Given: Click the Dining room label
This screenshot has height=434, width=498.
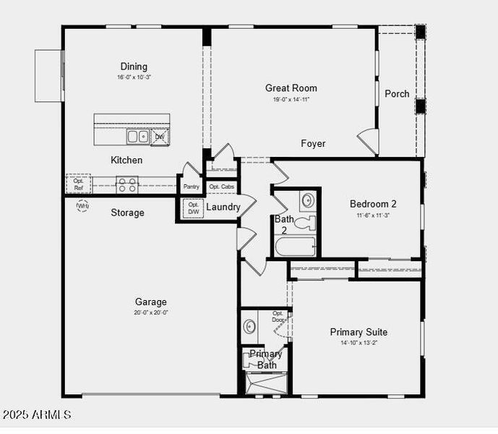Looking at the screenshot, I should coord(134,67).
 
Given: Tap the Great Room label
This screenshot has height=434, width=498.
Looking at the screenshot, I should coord(291,88).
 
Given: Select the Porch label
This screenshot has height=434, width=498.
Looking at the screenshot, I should coord(397,93).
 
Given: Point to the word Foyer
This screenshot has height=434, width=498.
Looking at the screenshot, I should coord(313,143).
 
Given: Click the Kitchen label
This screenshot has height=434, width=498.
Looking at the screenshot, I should coord(126,160).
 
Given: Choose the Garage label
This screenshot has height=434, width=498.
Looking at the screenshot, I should coord(150,302).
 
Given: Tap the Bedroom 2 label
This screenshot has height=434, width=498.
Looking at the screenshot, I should coord(373,203).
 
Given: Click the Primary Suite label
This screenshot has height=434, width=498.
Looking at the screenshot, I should coord(359,332).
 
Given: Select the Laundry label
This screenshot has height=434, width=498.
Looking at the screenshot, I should coord(223,207).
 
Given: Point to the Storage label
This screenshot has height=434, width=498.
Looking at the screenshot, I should coord(127,213).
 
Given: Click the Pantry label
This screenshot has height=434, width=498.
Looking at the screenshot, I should coord(191,187).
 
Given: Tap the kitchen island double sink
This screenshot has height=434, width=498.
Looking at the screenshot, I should coord(137,136).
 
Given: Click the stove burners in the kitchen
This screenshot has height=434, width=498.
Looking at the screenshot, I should coord(127,184).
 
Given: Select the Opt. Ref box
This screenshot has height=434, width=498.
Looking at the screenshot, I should coord(79,184).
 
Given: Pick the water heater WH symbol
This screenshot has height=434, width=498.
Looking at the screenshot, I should coord(82,206).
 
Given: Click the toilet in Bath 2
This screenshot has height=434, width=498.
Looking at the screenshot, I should coord(306,221).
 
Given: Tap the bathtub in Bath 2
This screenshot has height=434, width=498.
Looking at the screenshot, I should coord(295,247).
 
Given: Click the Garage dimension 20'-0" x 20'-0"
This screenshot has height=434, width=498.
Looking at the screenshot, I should coord(150,312).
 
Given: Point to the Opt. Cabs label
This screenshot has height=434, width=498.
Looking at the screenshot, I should coord(221,187).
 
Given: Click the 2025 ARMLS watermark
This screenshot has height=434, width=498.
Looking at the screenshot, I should coord(37,415).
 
